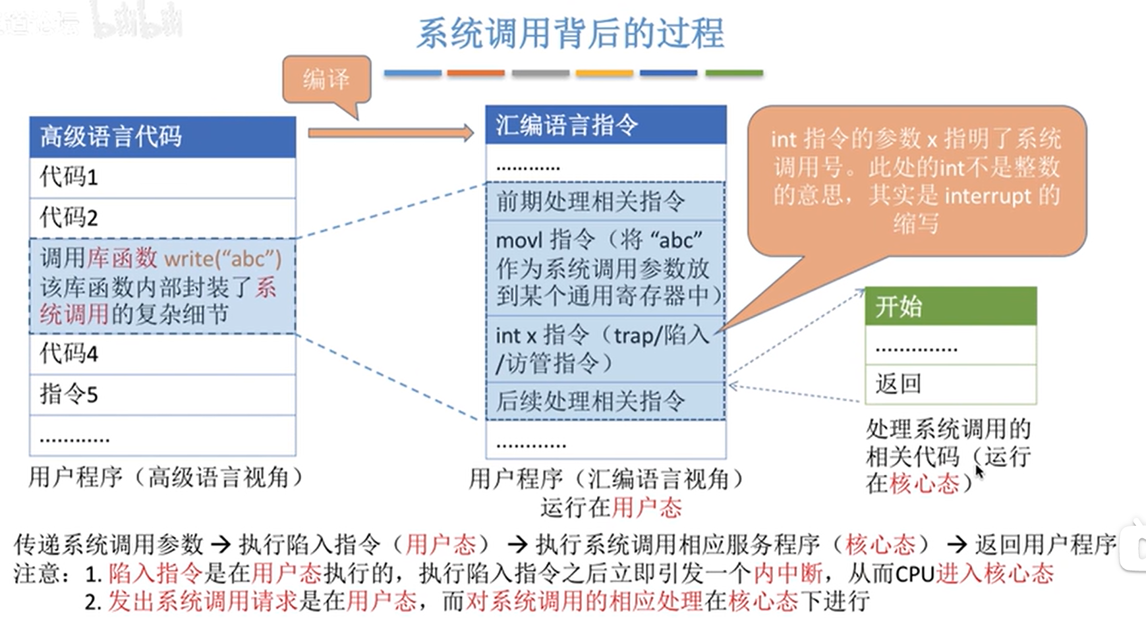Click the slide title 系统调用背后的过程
(x=571, y=34)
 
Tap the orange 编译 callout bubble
(x=327, y=80)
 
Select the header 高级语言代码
(x=162, y=136)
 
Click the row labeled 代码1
(x=162, y=177)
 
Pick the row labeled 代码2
(x=162, y=217)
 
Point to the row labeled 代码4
(x=162, y=354)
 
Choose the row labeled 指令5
(x=162, y=395)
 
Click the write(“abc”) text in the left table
(x=223, y=258)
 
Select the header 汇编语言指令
(x=606, y=125)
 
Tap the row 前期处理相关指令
(x=606, y=202)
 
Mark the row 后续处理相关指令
(x=606, y=401)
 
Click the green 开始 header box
(x=950, y=306)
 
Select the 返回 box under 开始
(x=950, y=383)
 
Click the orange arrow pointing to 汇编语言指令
(x=391, y=133)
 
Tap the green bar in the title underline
(x=733, y=73)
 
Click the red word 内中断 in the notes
(x=788, y=573)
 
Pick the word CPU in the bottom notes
(x=915, y=574)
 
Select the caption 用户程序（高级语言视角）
(x=165, y=477)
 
